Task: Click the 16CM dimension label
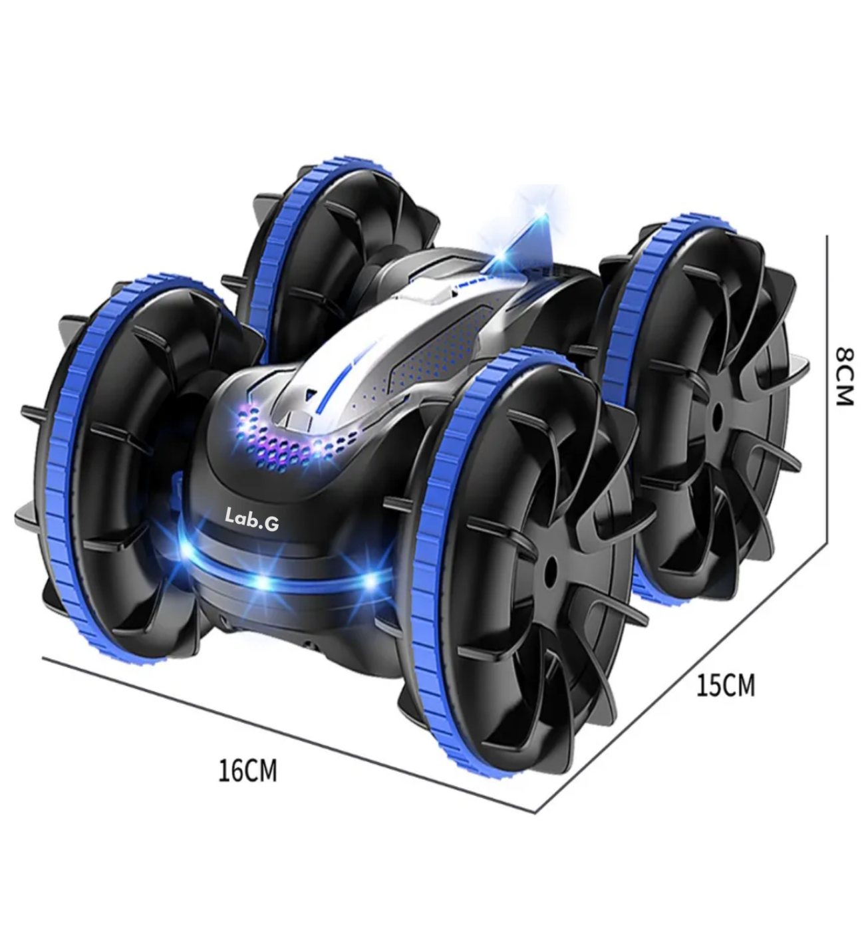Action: click(247, 771)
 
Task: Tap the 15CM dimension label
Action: click(726, 686)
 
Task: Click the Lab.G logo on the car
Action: click(252, 519)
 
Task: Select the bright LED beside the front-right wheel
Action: click(370, 581)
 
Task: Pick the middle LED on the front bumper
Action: click(263, 583)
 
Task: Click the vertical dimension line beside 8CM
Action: click(827, 386)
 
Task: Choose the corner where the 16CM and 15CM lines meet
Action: click(535, 812)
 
